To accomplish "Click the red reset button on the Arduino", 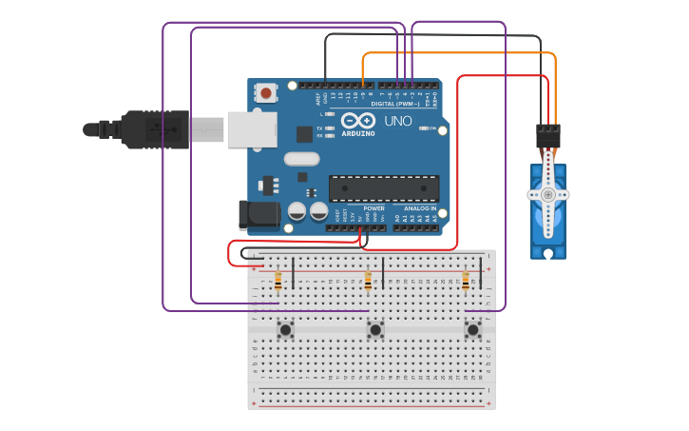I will pyautogui.click(x=266, y=92).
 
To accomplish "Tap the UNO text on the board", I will pyautogui.click(x=398, y=121).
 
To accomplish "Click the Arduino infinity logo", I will pyautogui.click(x=359, y=121).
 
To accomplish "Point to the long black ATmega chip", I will pyautogui.click(x=384, y=188).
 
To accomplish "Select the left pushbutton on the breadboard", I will pyautogui.click(x=285, y=329).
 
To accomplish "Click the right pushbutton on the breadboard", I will pyautogui.click(x=472, y=329).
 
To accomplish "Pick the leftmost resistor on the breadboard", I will pyautogui.click(x=278, y=281).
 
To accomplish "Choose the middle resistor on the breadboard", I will pyautogui.click(x=368, y=281).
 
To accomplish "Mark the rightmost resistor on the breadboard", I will pyautogui.click(x=466, y=281).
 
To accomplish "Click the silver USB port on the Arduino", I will pyautogui.click(x=252, y=129).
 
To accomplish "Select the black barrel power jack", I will pyautogui.click(x=258, y=215).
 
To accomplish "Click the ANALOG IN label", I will pyautogui.click(x=420, y=208).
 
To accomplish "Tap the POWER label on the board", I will pyautogui.click(x=374, y=208).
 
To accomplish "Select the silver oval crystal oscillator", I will pyautogui.click(x=301, y=159).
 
